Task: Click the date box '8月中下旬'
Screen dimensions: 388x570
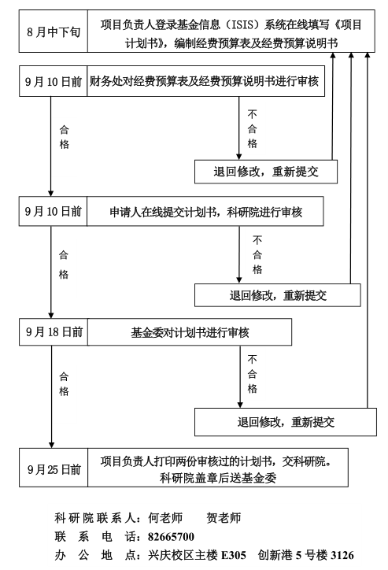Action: [x=54, y=31]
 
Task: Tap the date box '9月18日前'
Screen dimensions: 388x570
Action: [x=54, y=332]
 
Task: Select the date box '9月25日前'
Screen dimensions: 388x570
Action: [x=54, y=468]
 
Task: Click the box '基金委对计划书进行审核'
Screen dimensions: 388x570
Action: [x=190, y=332]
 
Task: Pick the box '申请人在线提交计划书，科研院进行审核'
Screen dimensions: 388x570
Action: [x=205, y=212]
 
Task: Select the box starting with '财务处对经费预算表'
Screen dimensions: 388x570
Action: [x=205, y=81]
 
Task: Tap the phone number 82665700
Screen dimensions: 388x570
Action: [x=171, y=537]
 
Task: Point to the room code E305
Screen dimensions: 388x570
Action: [x=233, y=555]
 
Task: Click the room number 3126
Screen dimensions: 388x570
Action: [x=342, y=555]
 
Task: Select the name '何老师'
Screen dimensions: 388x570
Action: [x=165, y=518]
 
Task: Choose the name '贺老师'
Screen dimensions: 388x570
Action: [x=224, y=518]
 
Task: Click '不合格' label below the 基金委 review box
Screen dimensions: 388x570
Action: [x=253, y=374]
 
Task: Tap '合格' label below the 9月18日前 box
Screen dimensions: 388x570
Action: [x=64, y=384]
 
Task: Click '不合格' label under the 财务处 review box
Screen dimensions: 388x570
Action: [x=253, y=129]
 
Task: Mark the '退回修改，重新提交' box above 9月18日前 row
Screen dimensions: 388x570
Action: [x=278, y=295]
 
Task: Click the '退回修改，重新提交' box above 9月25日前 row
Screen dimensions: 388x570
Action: [x=286, y=422]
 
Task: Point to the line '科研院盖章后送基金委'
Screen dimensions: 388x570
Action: [x=218, y=477]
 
